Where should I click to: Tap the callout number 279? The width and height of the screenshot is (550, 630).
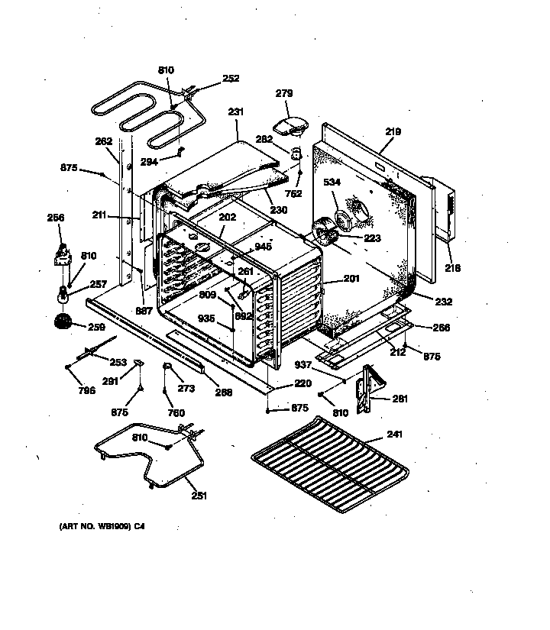(283, 93)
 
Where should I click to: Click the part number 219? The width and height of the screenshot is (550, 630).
(392, 132)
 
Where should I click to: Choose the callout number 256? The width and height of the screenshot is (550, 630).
(55, 218)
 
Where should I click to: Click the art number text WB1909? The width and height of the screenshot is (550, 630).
(95, 527)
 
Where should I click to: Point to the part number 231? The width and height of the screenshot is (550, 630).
(236, 112)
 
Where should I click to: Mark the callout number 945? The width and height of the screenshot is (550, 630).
(263, 247)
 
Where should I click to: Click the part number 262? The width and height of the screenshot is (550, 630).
(103, 141)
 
